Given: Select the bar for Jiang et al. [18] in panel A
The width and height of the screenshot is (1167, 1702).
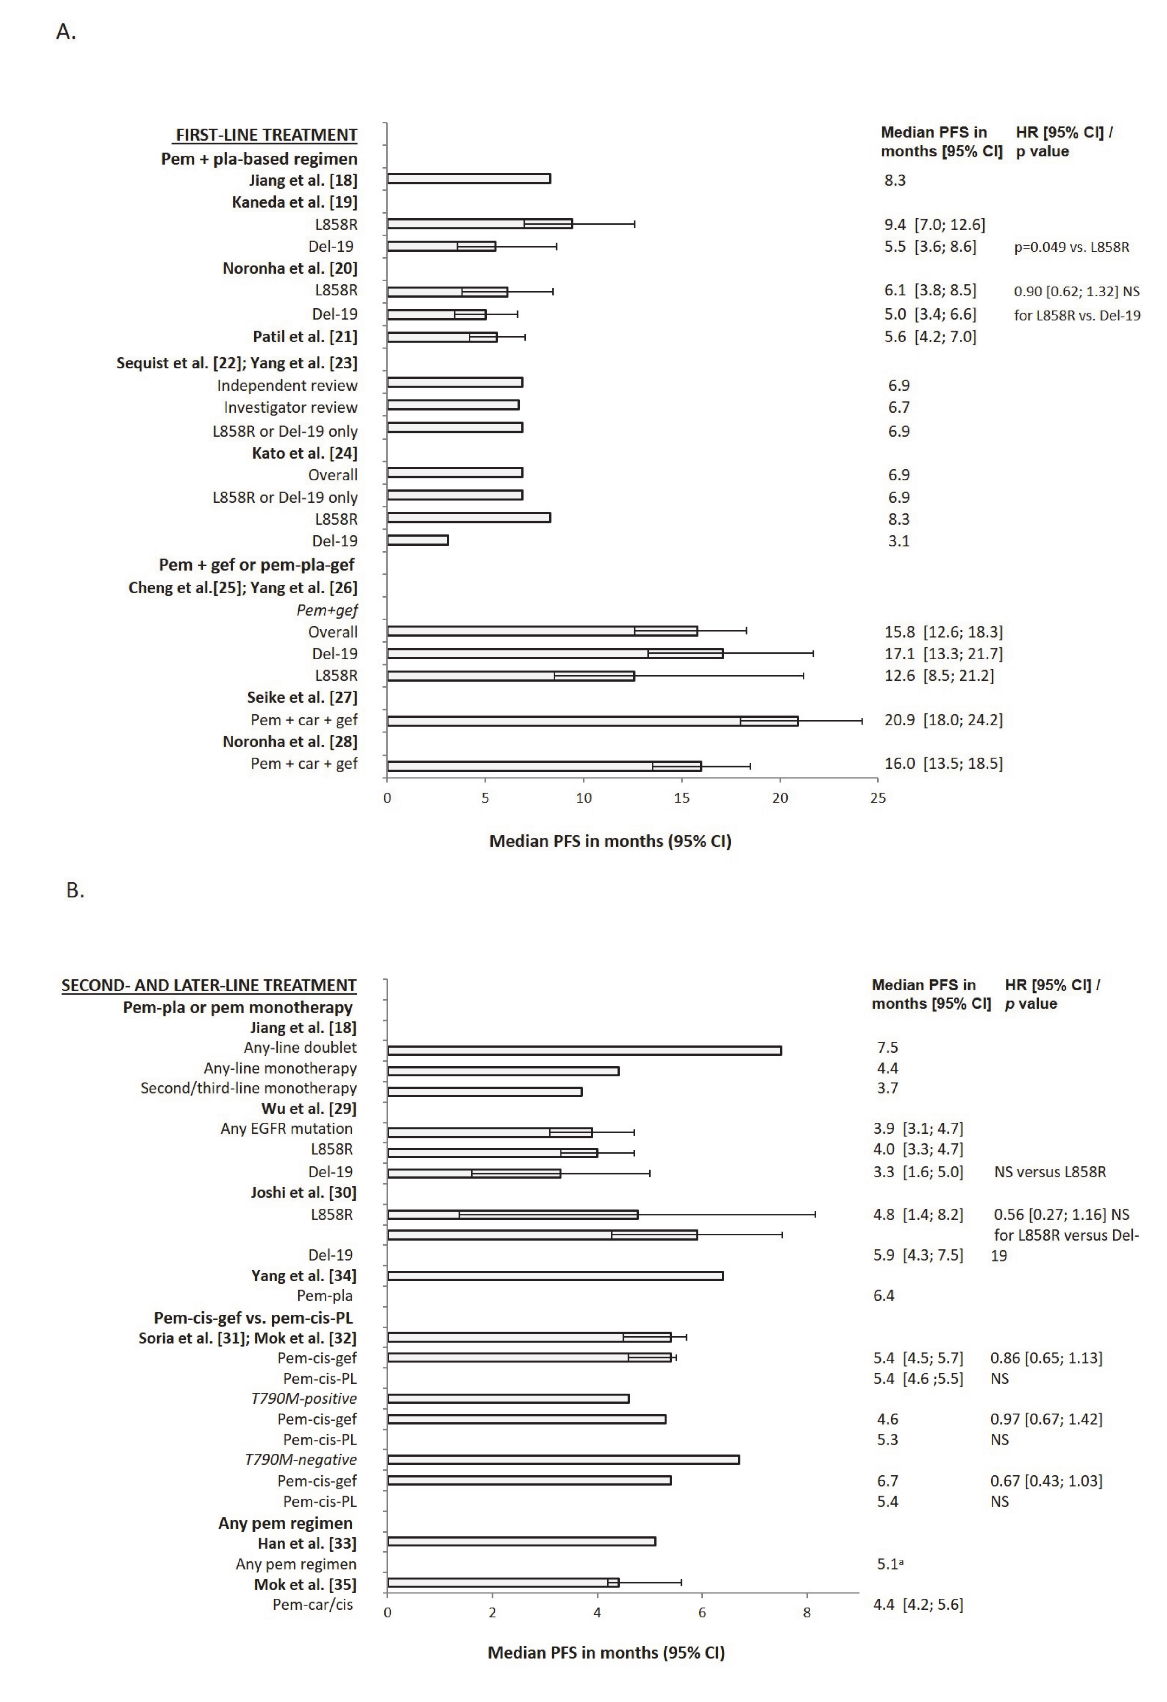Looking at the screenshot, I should [469, 179].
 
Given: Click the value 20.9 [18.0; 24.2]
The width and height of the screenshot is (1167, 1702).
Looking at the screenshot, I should [943, 720].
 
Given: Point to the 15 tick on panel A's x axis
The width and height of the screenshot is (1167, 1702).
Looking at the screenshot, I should [682, 798].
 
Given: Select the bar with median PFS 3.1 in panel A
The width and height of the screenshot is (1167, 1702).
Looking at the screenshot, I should [417, 540].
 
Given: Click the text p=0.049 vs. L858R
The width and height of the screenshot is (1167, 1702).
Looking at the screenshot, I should [1071, 247].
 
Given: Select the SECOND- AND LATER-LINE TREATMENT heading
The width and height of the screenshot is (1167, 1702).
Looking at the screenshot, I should [209, 986].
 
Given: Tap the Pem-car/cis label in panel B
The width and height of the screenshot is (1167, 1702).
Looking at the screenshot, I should [313, 1605].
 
